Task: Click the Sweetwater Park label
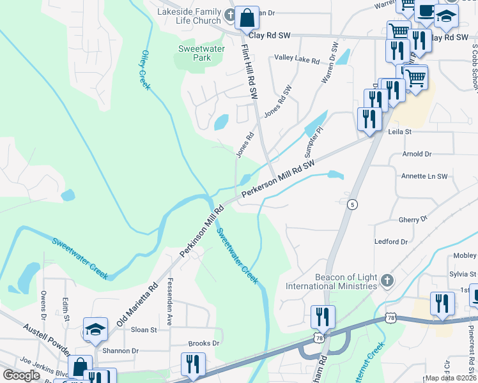coord(194,52)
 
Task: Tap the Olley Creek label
coord(145,70)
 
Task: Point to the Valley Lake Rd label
coord(297,59)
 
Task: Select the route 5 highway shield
coord(352,204)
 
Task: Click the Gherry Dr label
coord(412,219)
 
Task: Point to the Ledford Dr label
coord(390,242)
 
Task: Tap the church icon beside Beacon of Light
coord(387,280)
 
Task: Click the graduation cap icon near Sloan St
coord(95,329)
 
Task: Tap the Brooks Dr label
coord(204,343)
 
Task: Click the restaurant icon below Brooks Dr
coord(193,364)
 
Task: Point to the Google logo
coord(22,375)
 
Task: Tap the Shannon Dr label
coord(121,350)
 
